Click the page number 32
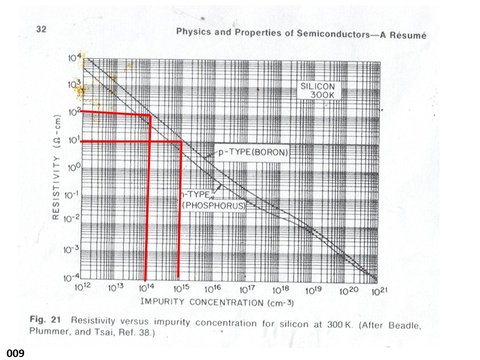pos(41,29)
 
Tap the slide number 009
pos(15,353)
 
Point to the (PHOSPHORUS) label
pos(213,205)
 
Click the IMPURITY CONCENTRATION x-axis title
pos(216,302)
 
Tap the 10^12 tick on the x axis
pos(82,289)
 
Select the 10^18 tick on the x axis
pos(279,289)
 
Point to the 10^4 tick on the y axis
pos(73,58)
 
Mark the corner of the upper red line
pos(150,115)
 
